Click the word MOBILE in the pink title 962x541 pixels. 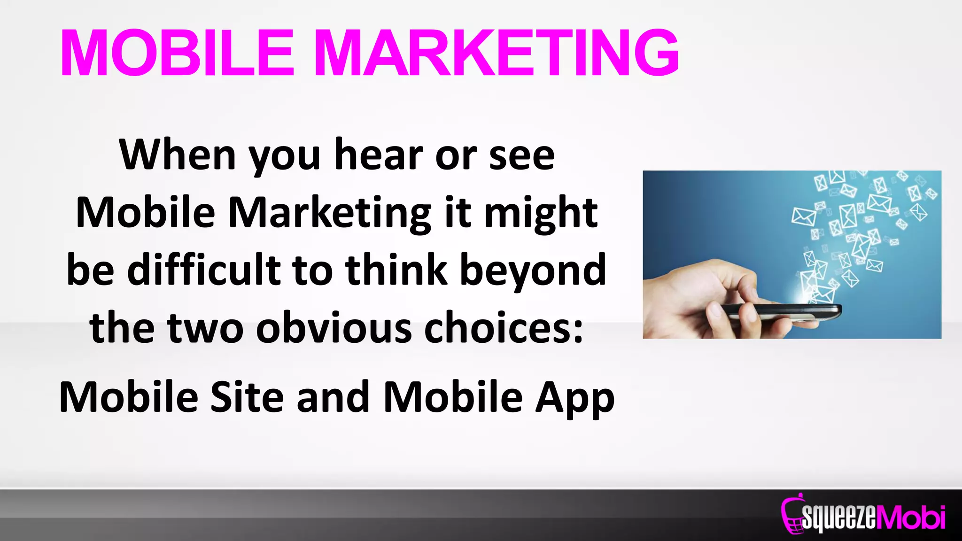click(177, 53)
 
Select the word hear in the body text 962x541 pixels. click(379, 155)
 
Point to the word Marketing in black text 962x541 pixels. click(330, 212)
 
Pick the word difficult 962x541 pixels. click(204, 270)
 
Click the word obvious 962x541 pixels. click(334, 327)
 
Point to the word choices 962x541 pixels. click(504, 327)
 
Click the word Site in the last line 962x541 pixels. click(247, 397)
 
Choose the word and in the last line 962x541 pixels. click(333, 397)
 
